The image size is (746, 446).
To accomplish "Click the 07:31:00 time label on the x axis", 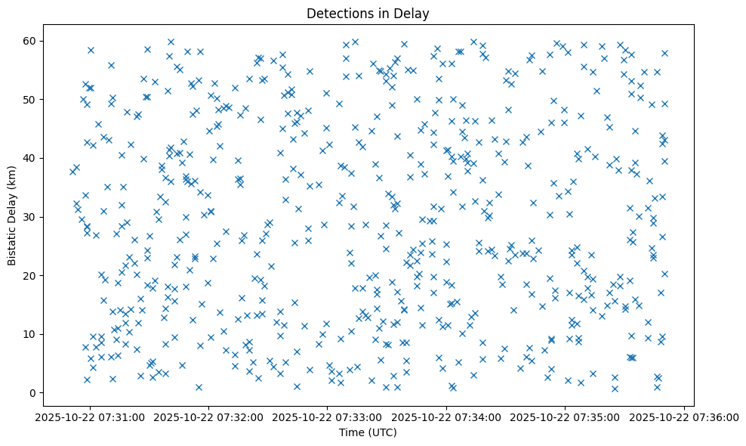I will (x=91, y=417).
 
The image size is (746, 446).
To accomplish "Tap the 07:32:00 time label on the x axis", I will (x=209, y=417).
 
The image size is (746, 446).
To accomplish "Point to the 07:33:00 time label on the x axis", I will (x=328, y=417).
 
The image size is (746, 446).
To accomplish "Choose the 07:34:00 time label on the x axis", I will (x=447, y=417).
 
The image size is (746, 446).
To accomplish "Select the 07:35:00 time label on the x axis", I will (x=566, y=417).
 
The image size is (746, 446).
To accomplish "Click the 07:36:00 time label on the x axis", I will (x=684, y=417).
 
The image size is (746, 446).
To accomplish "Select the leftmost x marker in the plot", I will (x=72, y=172).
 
